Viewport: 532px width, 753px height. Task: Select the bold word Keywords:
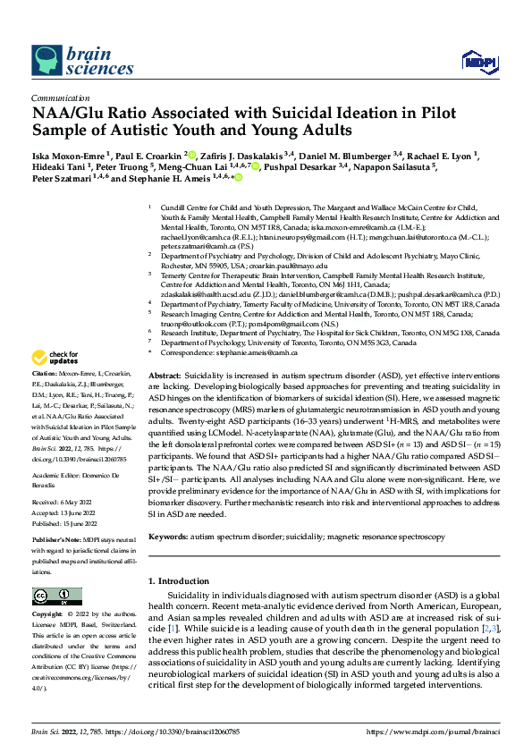[168, 537]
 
